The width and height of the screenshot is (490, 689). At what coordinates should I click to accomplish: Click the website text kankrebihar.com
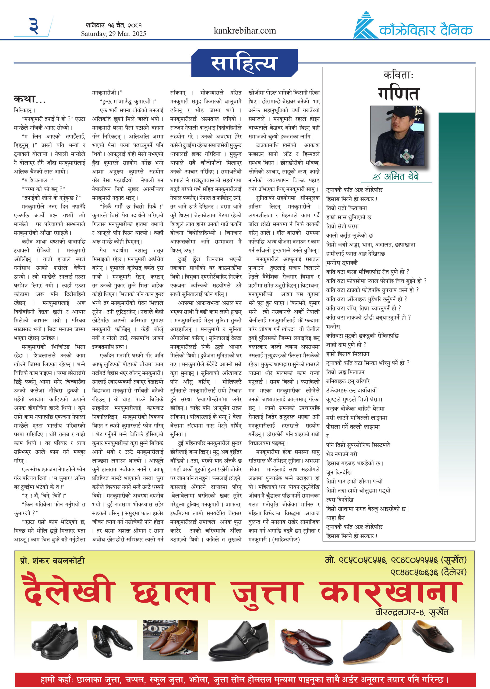tap(245, 30)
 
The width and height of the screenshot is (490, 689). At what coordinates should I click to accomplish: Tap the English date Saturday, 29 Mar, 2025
tap(114, 33)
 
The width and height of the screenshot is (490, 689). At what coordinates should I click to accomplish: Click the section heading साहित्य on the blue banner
tap(244, 64)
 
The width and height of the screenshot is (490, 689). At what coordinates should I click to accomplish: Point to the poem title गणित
tap(399, 94)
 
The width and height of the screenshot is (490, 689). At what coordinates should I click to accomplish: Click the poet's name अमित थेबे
tap(401, 177)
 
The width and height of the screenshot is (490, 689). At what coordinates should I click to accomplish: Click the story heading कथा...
tap(29, 99)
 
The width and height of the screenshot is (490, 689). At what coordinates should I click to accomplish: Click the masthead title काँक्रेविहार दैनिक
tap(426, 30)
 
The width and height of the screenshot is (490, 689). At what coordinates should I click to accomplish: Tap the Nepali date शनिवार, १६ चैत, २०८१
tap(114, 25)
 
